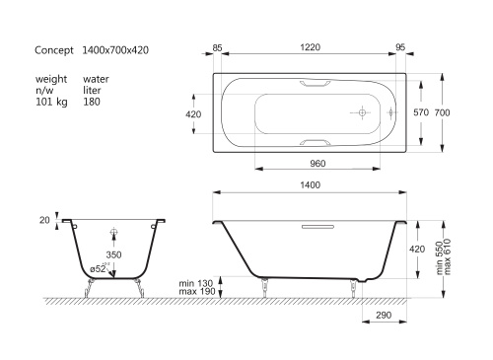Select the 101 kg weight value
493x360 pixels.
(50, 100)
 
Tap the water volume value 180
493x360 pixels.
(92, 100)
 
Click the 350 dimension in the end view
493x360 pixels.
(114, 253)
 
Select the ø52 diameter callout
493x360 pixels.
(100, 268)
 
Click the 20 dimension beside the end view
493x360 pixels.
(44, 221)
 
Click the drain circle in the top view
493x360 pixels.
(361, 113)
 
